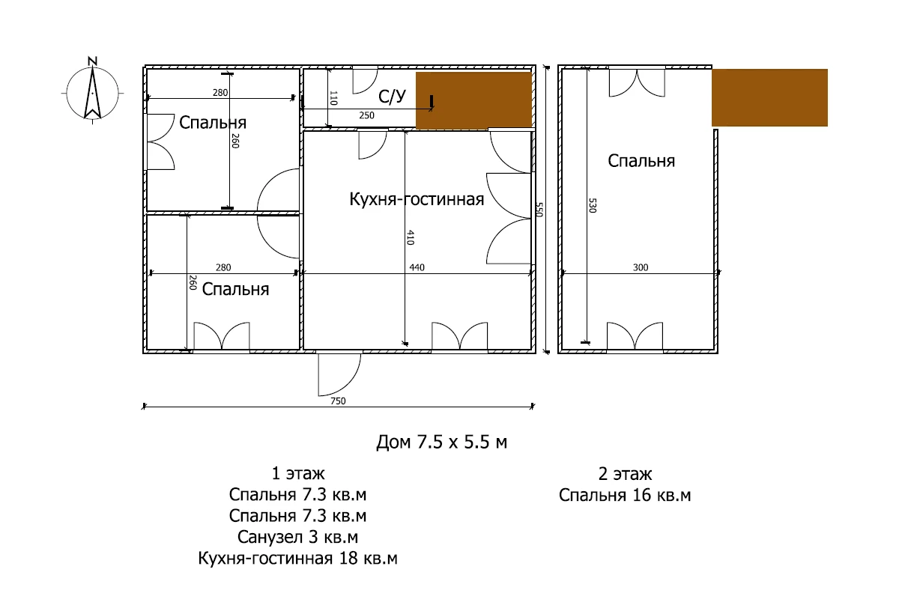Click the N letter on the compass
point(93,61)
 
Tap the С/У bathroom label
point(392,97)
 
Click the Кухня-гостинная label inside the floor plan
point(417,199)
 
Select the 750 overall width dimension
point(338,401)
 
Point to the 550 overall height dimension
point(539,210)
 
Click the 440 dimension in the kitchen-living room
point(417,267)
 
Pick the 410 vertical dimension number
point(411,237)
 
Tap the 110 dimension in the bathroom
point(333,98)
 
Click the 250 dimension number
point(366,115)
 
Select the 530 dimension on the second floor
point(593,205)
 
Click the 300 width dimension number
point(641,267)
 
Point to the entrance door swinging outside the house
point(339,374)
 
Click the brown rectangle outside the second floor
point(770,97)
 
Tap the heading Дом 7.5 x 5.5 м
point(441,442)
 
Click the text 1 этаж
point(298,474)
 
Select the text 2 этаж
point(625,474)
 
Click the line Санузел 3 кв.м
point(298,537)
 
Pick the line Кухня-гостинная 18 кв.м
point(298,558)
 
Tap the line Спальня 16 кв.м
point(625,496)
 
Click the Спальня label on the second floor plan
point(641,161)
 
